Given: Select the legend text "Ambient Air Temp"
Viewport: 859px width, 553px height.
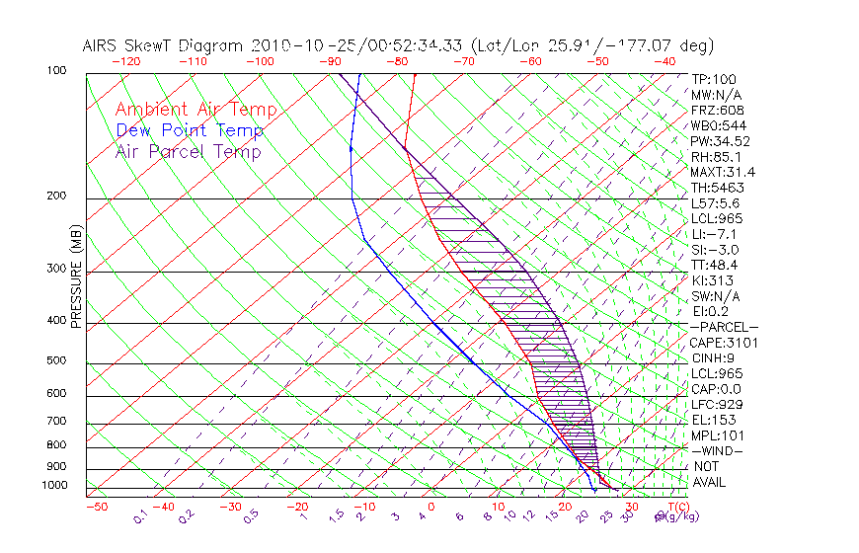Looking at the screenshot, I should (x=195, y=110).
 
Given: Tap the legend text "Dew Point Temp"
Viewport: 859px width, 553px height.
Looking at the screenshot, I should (x=190, y=130).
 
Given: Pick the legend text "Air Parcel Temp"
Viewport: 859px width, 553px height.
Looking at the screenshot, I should (x=188, y=151).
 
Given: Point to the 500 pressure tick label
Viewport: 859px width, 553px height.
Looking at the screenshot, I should (x=57, y=360).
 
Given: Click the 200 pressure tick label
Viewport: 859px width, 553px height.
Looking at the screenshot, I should (x=57, y=196).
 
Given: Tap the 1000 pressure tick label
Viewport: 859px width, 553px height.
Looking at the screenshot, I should (x=54, y=485).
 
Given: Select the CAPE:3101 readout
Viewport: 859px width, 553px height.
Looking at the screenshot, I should (x=723, y=343).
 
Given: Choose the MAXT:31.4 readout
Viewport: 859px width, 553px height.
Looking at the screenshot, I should (x=723, y=172).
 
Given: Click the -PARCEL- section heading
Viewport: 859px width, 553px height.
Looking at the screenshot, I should (x=725, y=327).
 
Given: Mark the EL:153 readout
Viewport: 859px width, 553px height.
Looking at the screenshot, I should (x=713, y=420).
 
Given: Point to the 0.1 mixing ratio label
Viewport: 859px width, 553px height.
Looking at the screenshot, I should (x=139, y=516).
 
